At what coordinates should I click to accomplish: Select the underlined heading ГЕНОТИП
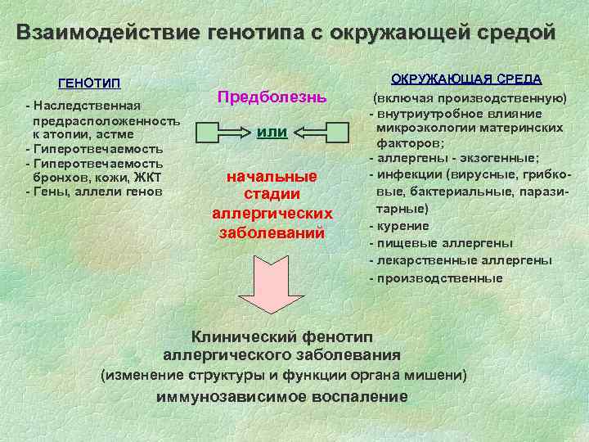(x=90, y=83)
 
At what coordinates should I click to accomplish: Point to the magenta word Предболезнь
(x=272, y=97)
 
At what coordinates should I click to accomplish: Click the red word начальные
(x=272, y=178)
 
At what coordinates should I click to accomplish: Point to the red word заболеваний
(x=272, y=232)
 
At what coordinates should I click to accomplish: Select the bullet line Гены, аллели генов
(x=98, y=192)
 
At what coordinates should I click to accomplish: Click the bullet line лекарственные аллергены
(x=465, y=260)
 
